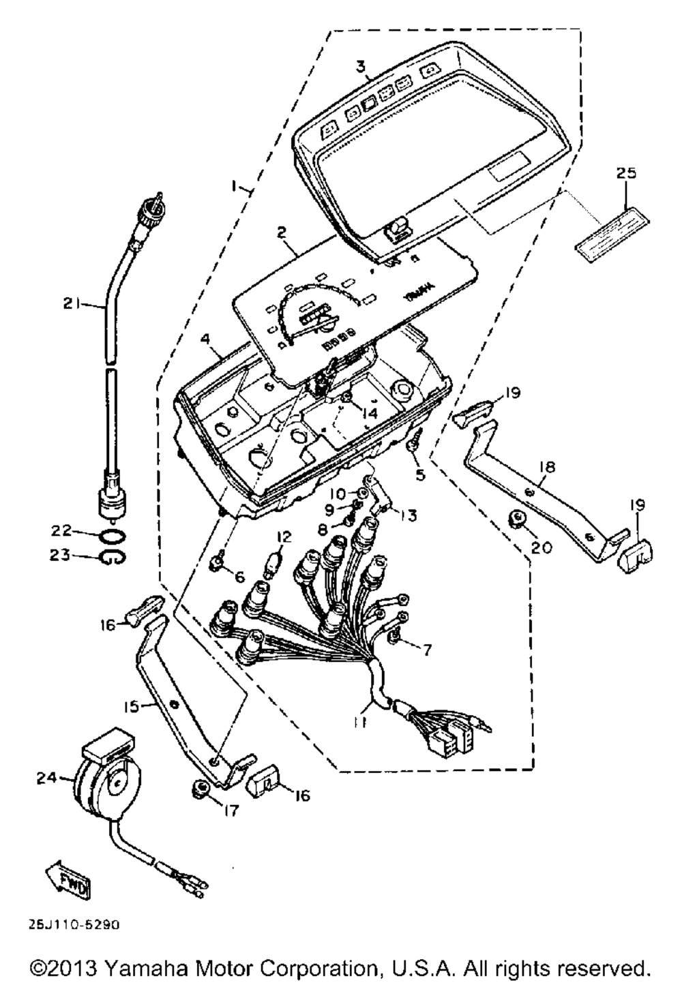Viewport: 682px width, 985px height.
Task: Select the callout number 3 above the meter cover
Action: pyautogui.click(x=361, y=66)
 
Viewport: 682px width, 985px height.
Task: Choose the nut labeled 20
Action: pyautogui.click(x=518, y=521)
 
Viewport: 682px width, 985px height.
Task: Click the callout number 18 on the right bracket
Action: pyautogui.click(x=547, y=467)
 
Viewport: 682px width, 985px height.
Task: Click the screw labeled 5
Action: pyautogui.click(x=413, y=445)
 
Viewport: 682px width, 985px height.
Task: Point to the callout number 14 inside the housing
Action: pyautogui.click(x=369, y=413)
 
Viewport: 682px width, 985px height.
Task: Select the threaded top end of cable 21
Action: pyautogui.click(x=149, y=202)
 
